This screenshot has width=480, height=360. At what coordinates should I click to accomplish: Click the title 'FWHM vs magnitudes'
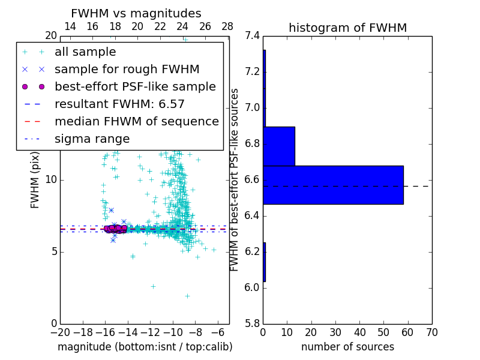[136, 13]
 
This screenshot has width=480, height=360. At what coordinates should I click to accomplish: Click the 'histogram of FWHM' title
[347, 28]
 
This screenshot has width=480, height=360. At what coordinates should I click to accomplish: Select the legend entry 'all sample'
[85, 52]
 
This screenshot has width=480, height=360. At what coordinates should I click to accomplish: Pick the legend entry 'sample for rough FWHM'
[127, 69]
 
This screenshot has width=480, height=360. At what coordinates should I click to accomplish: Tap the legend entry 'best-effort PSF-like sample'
[135, 86]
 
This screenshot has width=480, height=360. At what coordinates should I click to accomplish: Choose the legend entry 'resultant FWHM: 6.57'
[119, 104]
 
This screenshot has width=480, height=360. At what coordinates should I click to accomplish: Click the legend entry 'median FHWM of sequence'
[136, 121]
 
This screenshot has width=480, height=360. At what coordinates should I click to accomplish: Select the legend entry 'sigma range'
[92, 139]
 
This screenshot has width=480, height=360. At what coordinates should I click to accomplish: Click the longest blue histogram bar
[333, 185]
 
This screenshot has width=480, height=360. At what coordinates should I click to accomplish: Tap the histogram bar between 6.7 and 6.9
[279, 146]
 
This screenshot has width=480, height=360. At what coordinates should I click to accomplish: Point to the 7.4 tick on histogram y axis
[253, 36]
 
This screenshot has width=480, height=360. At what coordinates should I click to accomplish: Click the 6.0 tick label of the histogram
[253, 287]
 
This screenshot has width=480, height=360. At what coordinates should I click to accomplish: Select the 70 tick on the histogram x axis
[431, 332]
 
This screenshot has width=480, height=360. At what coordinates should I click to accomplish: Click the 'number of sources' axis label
[347, 347]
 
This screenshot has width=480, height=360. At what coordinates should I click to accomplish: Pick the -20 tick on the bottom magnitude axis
[60, 332]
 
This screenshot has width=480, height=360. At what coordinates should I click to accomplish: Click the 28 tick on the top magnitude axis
[227, 26]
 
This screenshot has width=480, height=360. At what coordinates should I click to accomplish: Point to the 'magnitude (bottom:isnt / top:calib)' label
[145, 347]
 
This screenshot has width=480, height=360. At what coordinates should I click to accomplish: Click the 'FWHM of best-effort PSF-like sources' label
[235, 179]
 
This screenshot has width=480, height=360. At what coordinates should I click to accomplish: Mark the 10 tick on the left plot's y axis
[52, 180]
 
